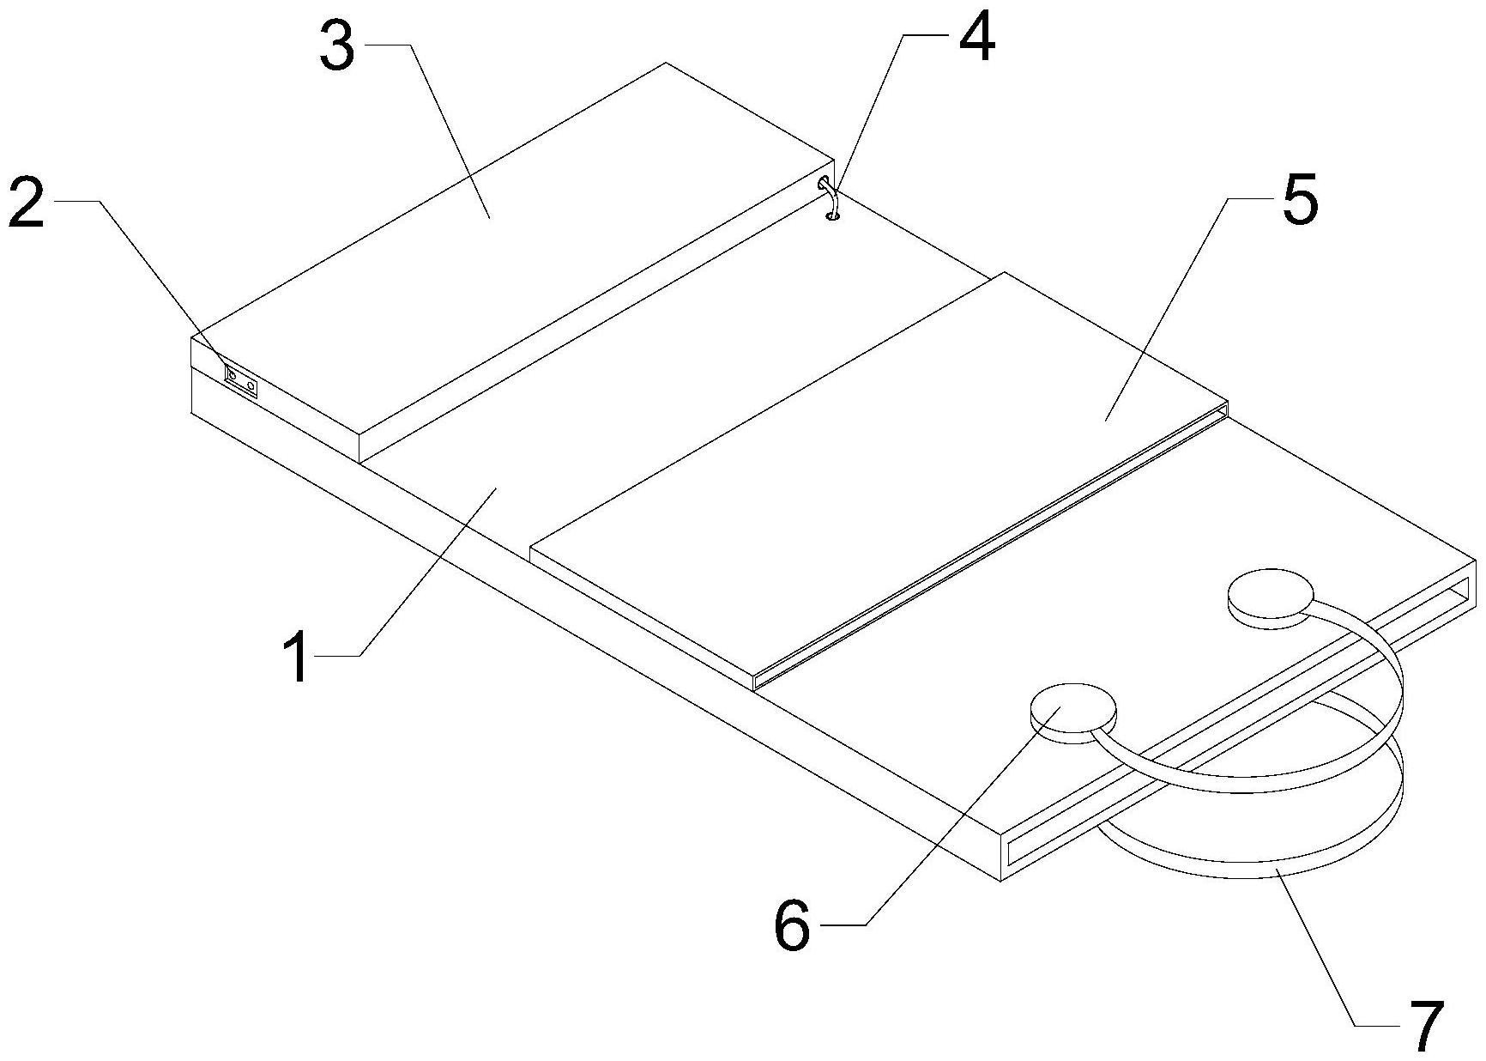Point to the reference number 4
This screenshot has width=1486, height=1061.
pos(975,38)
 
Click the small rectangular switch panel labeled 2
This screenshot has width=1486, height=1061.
pos(241,380)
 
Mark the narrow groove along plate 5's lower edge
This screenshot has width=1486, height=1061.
pos(987,549)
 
